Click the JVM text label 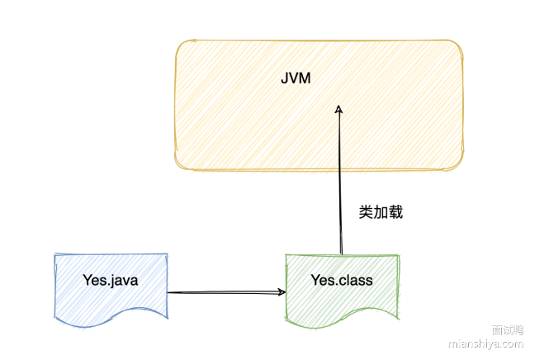[295, 80]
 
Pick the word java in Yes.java [123, 280]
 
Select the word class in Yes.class [355, 280]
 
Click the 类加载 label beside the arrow [381, 211]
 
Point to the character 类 [367, 211]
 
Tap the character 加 [381, 211]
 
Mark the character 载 [395, 211]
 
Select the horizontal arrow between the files [223, 291]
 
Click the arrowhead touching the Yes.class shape [281, 291]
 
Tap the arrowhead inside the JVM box [338, 109]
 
